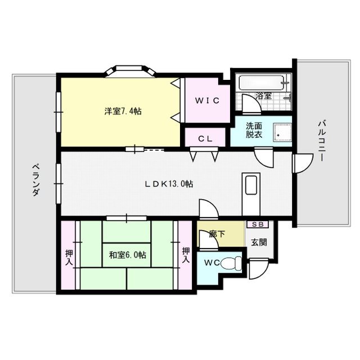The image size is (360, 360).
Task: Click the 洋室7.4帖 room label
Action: (122, 111)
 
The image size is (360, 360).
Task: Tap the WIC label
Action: (207, 101)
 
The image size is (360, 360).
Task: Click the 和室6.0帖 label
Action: (127, 255)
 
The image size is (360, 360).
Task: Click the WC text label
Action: (212, 263)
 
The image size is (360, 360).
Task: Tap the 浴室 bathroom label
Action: (264, 96)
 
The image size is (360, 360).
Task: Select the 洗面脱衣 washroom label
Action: (253, 130)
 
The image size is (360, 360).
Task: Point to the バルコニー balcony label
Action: (321, 141)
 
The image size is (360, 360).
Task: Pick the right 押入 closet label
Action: (186, 255)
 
